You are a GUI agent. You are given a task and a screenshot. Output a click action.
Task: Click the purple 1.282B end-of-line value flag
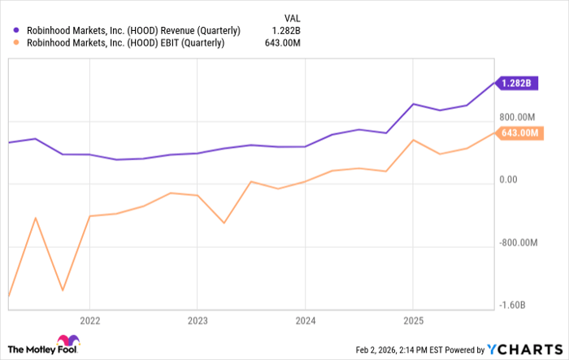(517, 83)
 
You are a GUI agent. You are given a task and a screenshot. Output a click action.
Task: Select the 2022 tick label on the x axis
(89, 319)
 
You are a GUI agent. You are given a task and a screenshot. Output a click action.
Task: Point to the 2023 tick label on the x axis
(197, 319)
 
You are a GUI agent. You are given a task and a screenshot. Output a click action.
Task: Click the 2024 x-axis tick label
(304, 319)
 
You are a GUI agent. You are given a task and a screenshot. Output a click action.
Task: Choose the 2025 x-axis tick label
(412, 319)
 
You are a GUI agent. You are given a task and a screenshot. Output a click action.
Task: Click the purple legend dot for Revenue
(15, 30)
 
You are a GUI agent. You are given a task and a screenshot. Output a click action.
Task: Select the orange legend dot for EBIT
(15, 44)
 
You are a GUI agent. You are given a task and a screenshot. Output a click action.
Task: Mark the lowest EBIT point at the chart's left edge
(8, 297)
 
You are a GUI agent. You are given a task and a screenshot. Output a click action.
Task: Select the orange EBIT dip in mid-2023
(224, 223)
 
